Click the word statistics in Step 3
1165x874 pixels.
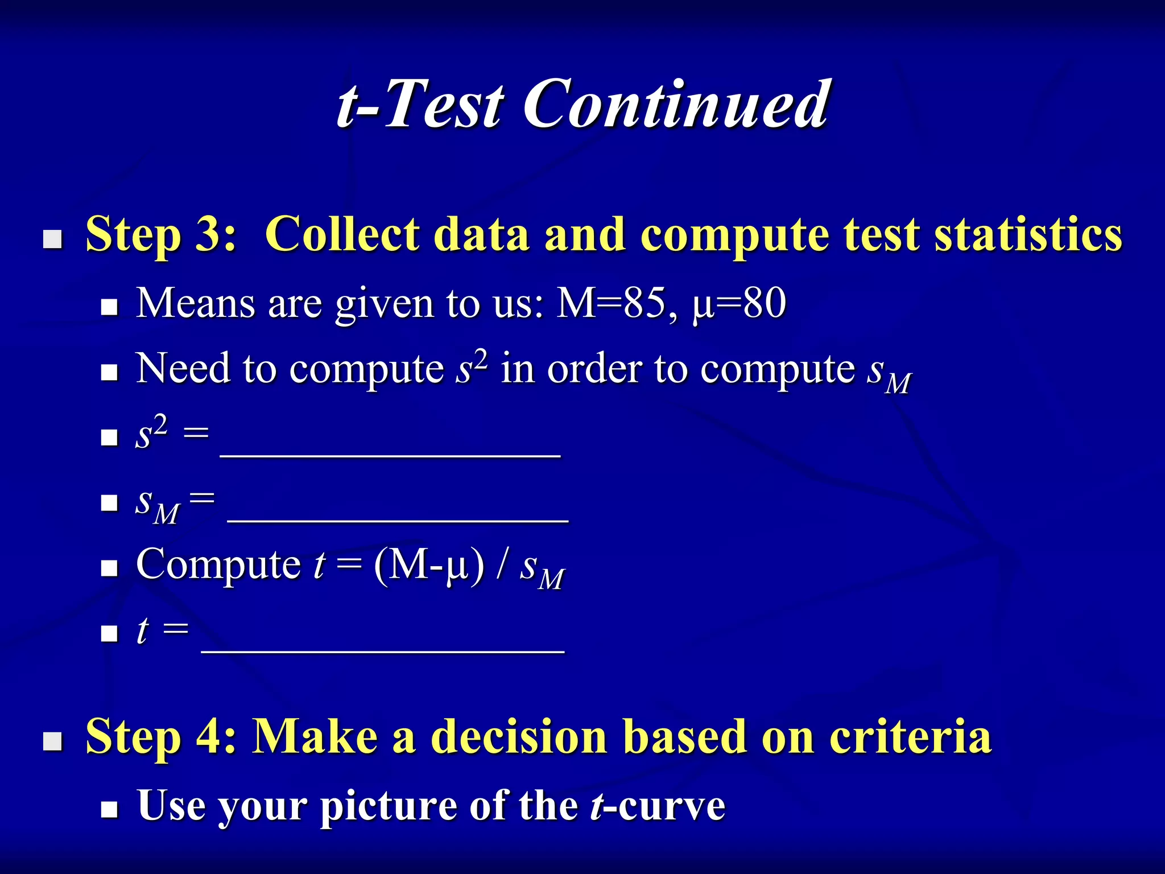1028,234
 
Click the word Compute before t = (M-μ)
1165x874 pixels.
218,565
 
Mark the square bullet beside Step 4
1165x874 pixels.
53,741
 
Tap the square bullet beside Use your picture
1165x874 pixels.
109,810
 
